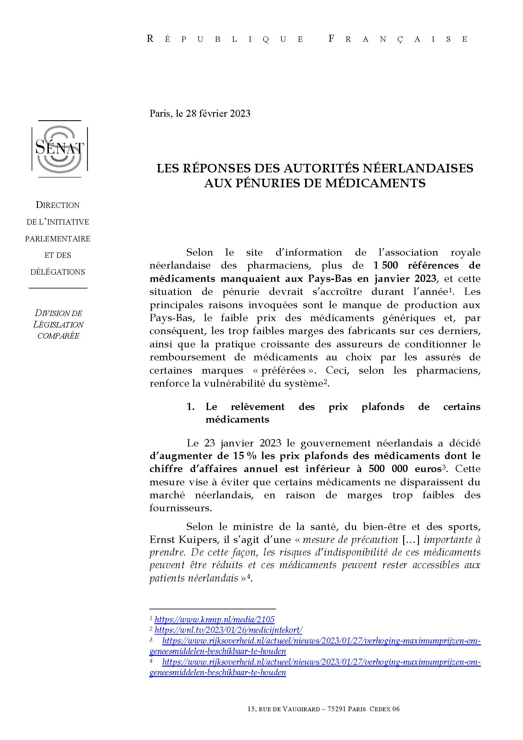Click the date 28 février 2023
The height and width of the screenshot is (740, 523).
[218, 114]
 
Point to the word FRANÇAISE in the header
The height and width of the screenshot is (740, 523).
[398, 39]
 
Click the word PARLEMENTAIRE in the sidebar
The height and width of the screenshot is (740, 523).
[58, 239]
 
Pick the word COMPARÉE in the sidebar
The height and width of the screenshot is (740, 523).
[58, 336]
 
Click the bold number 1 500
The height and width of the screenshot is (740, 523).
[385, 265]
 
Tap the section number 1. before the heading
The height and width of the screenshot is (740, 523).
[190, 407]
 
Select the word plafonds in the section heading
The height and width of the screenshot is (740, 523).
[383, 407]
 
